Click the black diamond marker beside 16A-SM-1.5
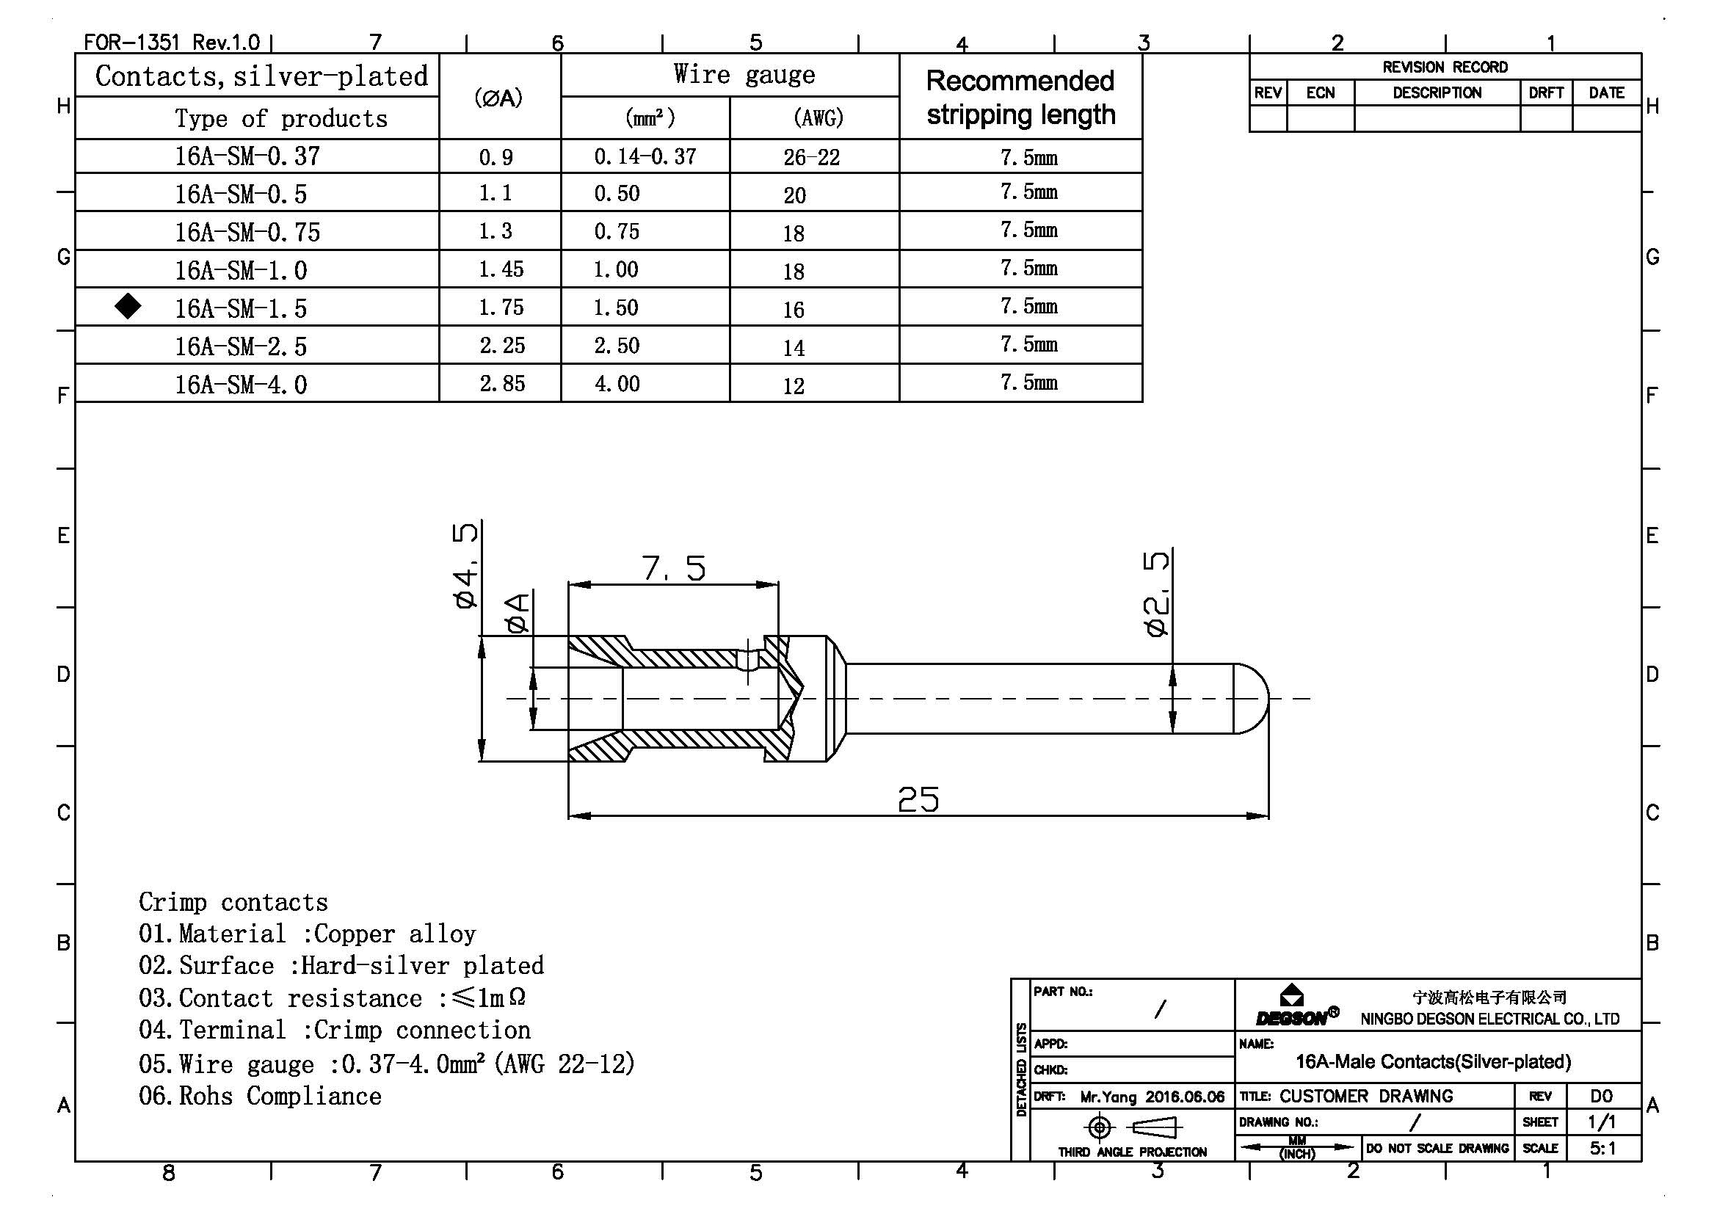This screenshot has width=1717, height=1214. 128,306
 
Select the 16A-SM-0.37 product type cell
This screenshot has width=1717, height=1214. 247,156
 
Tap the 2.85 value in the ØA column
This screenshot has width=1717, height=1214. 503,383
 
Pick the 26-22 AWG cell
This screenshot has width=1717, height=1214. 811,157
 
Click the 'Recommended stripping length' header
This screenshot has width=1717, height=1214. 1021,97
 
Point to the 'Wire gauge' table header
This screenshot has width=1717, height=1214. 744,74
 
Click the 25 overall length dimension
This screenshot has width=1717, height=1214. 918,799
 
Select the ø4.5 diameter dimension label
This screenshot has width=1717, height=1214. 465,565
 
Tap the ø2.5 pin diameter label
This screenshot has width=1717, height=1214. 1157,594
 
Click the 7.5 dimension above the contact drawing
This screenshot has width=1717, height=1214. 674,568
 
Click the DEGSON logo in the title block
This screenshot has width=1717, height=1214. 1297,1007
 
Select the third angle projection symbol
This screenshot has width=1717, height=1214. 1132,1127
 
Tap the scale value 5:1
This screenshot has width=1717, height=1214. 1602,1148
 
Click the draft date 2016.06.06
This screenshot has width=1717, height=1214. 1186,1097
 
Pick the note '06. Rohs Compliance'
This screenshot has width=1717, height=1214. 261,1096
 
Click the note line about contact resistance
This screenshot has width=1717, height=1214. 333,998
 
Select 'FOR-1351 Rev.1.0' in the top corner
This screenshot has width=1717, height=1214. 172,42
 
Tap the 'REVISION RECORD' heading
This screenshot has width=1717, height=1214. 1445,68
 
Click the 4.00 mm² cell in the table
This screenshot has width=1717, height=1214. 617,384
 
